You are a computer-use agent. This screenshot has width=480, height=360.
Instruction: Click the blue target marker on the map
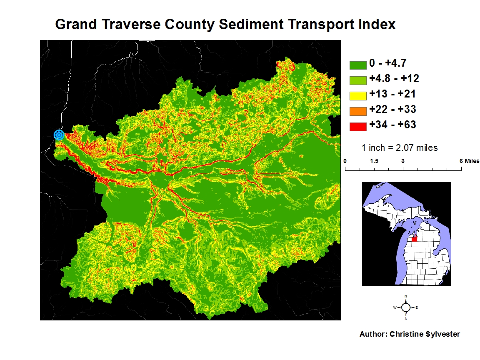point(59,135)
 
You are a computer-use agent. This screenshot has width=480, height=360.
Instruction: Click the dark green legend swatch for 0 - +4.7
point(357,65)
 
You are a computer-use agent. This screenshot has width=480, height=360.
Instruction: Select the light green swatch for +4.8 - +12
point(357,80)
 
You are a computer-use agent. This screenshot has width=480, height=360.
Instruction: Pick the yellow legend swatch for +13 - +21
point(357,95)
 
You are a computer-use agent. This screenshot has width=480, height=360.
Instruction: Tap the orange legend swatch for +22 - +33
point(357,110)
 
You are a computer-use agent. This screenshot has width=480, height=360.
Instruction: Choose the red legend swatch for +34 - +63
point(357,126)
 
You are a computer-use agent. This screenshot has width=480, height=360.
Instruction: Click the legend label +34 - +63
point(392,125)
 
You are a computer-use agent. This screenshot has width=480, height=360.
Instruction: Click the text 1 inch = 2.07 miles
point(400,147)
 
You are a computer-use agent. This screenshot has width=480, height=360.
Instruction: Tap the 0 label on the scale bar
point(345,161)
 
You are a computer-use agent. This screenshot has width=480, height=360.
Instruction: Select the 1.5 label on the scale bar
point(374,161)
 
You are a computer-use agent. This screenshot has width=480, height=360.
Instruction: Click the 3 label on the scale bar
point(403,161)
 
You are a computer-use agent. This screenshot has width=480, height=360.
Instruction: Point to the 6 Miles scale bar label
point(469,161)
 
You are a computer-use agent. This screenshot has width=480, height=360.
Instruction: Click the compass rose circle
point(406,307)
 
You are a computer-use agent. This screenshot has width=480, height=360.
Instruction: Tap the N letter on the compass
point(406,296)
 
